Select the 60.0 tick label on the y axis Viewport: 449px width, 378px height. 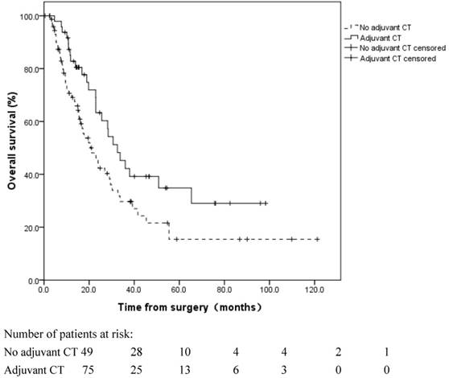click(28, 122)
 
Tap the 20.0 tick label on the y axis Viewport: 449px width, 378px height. click(28, 228)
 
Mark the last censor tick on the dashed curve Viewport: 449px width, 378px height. click(317, 239)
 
